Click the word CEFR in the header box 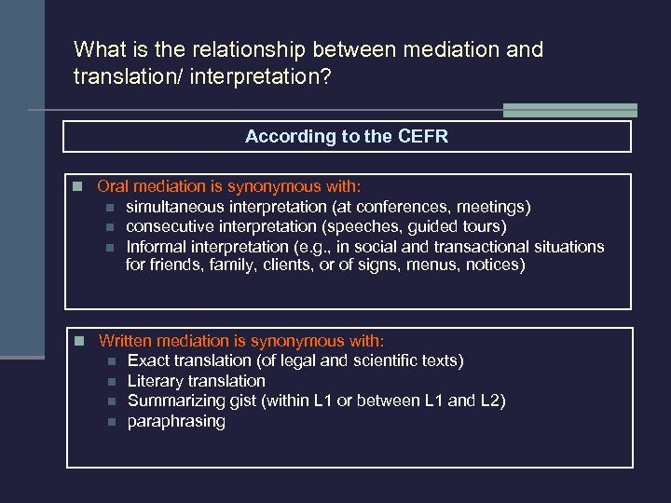tap(423, 137)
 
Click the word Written tap(130, 341)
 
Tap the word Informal tap(155, 247)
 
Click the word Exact tap(148, 360)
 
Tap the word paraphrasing tap(176, 421)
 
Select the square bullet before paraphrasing tap(109, 422)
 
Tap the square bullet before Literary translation tap(109, 382)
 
